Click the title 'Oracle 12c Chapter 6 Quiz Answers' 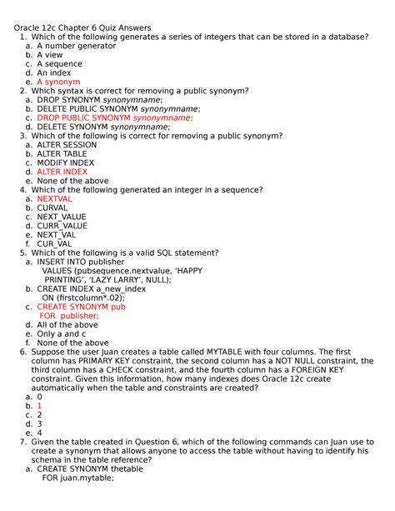(x=82, y=28)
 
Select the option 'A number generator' (x=76, y=46)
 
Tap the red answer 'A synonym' (x=58, y=83)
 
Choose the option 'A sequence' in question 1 (x=61, y=64)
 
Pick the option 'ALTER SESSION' (x=67, y=145)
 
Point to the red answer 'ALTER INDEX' (x=62, y=172)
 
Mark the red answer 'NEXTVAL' (x=54, y=199)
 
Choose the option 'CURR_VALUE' (x=62, y=226)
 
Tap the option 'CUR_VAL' (x=55, y=244)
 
